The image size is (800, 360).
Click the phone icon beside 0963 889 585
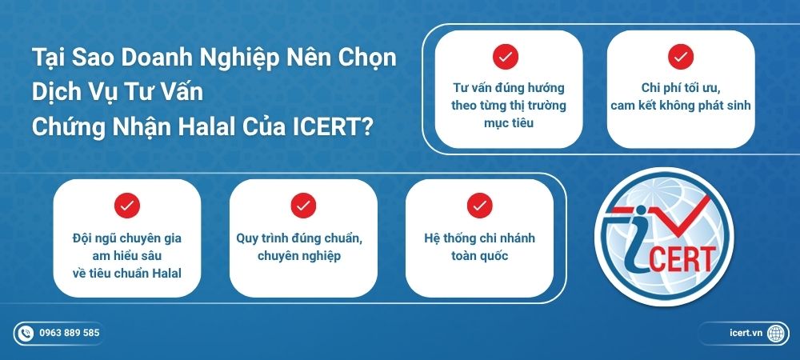tap(26, 333)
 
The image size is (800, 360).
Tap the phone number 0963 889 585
tap(70, 333)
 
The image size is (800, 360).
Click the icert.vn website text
tap(746, 333)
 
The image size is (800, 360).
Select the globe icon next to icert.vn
tap(775, 333)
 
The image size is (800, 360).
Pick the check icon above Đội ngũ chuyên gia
tap(127, 206)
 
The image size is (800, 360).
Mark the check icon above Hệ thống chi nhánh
tap(479, 206)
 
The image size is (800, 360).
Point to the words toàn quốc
tap(479, 256)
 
